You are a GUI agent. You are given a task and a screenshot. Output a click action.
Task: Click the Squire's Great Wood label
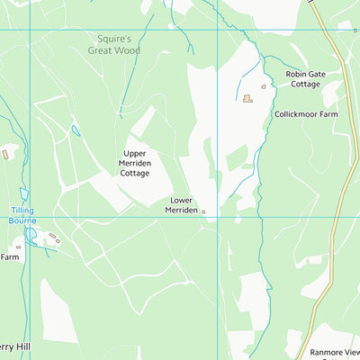(114, 45)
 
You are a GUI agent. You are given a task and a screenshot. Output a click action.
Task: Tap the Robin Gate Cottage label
(306, 79)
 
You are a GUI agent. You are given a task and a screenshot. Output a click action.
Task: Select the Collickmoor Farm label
(305, 114)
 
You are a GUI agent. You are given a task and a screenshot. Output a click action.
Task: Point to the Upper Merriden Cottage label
(135, 163)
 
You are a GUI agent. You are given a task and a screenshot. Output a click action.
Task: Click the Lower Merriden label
(181, 204)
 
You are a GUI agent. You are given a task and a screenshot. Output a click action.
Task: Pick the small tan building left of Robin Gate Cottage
(264, 86)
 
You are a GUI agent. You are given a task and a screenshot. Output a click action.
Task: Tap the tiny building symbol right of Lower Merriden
(203, 212)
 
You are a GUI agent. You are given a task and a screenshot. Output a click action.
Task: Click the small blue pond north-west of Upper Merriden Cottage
(76, 130)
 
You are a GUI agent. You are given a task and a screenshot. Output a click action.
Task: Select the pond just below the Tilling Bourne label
(31, 235)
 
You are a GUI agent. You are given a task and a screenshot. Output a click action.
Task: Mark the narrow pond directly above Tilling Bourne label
(24, 193)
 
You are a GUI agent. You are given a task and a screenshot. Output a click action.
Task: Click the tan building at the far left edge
(4, 155)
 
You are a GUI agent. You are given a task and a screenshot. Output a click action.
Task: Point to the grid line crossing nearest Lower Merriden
(217, 216)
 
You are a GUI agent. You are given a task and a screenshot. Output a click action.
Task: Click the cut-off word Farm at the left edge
(10, 256)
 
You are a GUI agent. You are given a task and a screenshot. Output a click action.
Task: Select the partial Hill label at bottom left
(14, 346)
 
